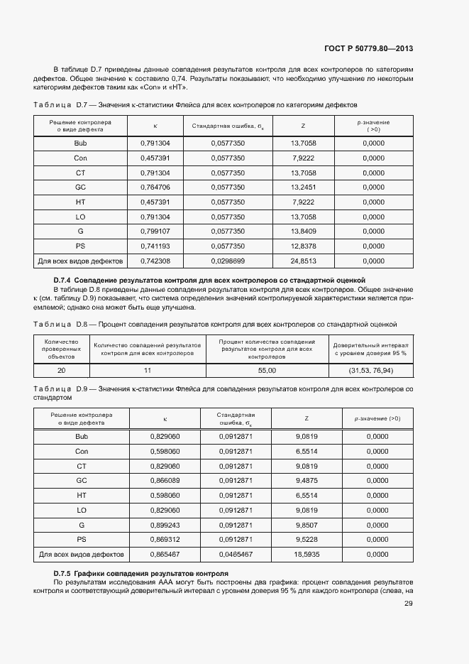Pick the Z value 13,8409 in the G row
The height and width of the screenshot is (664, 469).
point(303,232)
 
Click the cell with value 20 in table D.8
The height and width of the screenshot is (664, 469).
point(61,371)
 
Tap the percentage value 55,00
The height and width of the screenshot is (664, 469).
point(266,371)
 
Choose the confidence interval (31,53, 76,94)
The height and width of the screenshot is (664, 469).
point(370,371)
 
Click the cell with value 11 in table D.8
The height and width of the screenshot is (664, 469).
point(148,371)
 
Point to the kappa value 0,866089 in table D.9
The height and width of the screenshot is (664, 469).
point(165,480)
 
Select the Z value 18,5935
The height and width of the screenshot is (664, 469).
point(307,554)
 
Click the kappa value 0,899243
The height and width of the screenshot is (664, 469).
point(165,525)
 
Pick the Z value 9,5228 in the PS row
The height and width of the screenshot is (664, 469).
point(307,539)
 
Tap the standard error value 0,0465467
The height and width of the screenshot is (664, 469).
point(235,554)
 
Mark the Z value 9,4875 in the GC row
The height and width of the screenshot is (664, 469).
point(307,480)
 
